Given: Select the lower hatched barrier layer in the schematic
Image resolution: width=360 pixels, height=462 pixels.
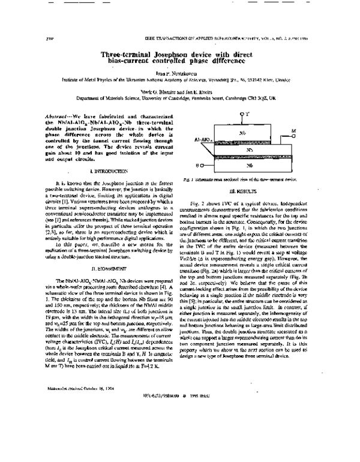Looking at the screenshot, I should click(x=258, y=157).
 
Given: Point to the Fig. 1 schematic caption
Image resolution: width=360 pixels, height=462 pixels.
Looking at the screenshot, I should click(x=248, y=179).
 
